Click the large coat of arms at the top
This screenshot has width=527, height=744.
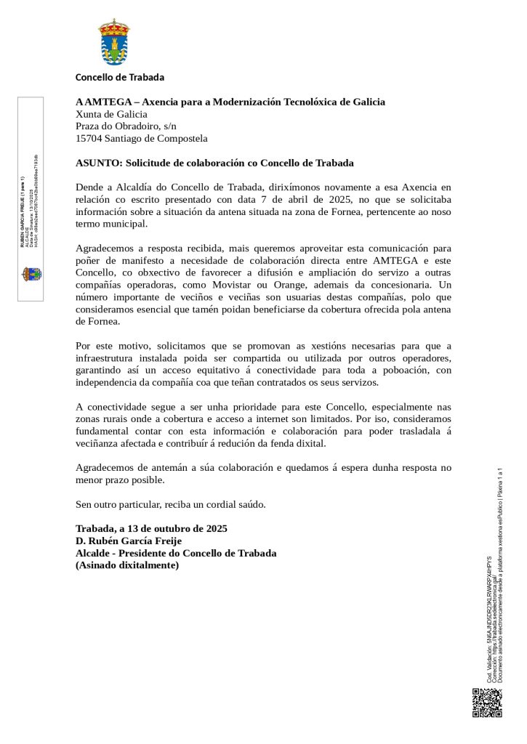(114, 43)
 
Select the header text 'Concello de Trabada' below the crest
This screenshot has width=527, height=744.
(120, 77)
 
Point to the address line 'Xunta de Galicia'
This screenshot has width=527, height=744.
(111, 114)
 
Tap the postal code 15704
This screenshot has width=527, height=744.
(89, 138)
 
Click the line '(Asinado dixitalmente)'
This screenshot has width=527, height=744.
(126, 565)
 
